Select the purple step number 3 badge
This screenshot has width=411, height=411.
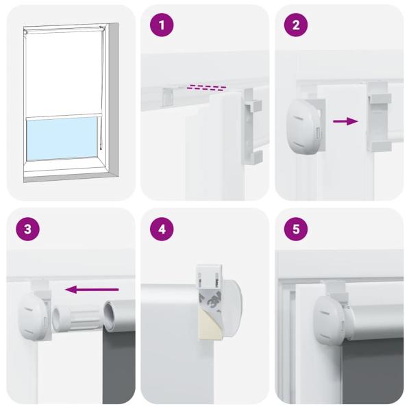pos(27,229)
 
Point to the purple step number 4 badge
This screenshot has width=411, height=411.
pos(162,229)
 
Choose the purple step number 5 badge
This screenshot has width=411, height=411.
pos(296,229)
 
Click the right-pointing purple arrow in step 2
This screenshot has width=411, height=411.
pos(345,121)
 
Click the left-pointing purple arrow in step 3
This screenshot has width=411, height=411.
pos(95,289)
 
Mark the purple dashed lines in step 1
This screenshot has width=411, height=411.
pos(206,88)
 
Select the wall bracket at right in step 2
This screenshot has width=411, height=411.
pos(379,121)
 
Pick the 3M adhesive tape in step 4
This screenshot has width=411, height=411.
pos(212,301)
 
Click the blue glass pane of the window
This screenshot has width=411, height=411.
pos(61,138)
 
